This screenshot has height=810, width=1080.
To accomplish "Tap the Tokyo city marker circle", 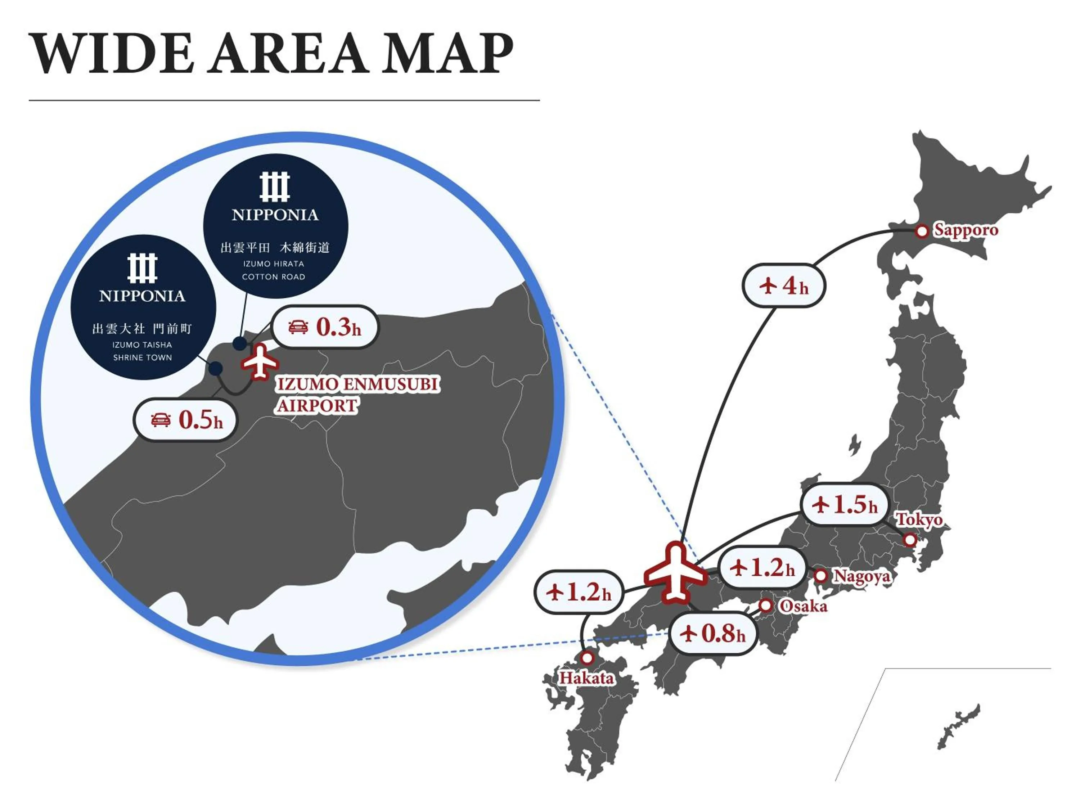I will pyautogui.click(x=910, y=540).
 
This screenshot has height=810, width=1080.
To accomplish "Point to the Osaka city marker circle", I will pyautogui.click(x=766, y=606).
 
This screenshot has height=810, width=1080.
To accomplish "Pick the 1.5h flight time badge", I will pyautogui.click(x=845, y=504).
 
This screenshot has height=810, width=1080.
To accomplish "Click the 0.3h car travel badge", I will pyautogui.click(x=325, y=327).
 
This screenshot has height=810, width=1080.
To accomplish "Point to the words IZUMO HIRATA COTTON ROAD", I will pyautogui.click(x=273, y=270).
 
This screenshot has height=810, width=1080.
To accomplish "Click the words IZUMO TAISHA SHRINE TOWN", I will pyautogui.click(x=142, y=351).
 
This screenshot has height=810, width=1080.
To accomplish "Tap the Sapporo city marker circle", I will pyautogui.click(x=921, y=231).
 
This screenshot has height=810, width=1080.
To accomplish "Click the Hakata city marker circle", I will pyautogui.click(x=587, y=658).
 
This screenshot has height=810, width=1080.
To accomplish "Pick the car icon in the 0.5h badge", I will pyautogui.click(x=161, y=419).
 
